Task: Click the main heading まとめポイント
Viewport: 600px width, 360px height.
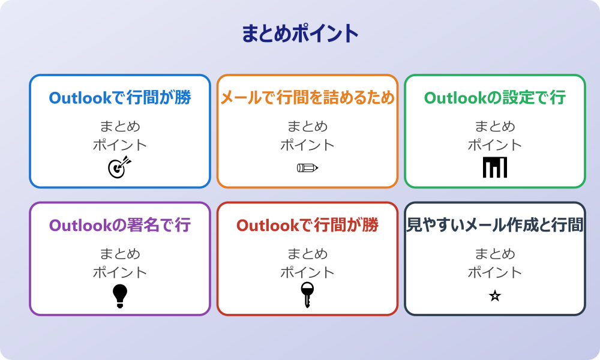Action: point(300,33)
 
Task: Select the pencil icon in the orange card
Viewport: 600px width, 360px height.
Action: point(307,167)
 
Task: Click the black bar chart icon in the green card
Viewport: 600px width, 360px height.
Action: point(495,167)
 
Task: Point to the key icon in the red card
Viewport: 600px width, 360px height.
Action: point(307,295)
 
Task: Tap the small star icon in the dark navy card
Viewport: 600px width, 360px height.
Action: point(495,296)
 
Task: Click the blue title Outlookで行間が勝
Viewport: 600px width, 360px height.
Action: point(120,98)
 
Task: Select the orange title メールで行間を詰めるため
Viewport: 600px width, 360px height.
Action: point(307,98)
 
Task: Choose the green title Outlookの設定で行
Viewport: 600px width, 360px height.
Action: point(495,98)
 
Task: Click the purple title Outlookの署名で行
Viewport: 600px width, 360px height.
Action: point(120,226)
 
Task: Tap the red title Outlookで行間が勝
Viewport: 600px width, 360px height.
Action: point(307,226)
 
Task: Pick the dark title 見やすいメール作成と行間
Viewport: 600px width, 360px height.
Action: point(495,226)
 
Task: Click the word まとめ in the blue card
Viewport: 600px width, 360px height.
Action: point(120,127)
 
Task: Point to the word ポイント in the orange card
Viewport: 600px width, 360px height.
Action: point(307,145)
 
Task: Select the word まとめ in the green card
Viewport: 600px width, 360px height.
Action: point(495,127)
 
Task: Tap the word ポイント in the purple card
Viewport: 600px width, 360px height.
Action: point(120,272)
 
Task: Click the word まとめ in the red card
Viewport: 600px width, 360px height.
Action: point(307,254)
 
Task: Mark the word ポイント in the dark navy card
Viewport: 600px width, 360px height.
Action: point(495,272)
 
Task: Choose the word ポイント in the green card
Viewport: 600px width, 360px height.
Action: point(495,145)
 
